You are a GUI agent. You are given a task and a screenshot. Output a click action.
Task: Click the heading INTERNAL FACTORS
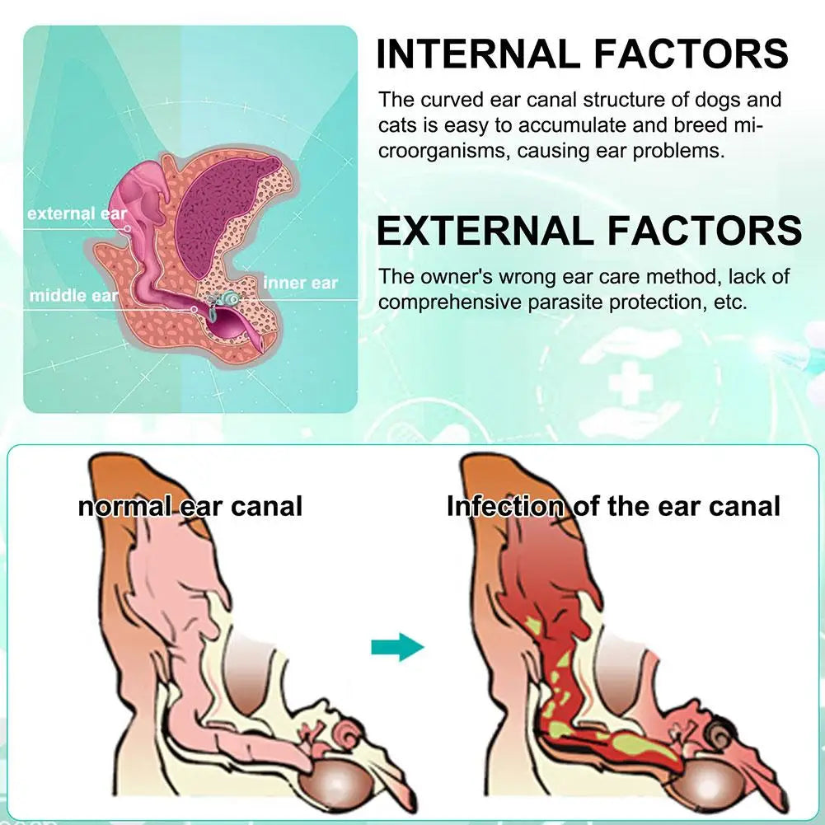tap(583, 54)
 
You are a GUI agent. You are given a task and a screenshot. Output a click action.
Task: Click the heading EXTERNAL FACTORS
tap(588, 231)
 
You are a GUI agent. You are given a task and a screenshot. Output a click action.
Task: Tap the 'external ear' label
tap(77, 213)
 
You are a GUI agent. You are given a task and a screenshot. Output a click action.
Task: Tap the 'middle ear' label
tap(73, 295)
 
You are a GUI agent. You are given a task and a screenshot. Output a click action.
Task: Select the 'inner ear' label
tap(300, 284)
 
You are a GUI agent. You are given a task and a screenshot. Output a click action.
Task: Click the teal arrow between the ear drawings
tap(396, 646)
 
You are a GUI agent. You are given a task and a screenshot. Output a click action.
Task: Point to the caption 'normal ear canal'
tap(190, 505)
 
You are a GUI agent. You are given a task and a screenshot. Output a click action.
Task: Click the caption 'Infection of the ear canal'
tap(613, 505)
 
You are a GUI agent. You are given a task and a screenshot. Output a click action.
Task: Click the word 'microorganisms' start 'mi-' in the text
tap(752, 126)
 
